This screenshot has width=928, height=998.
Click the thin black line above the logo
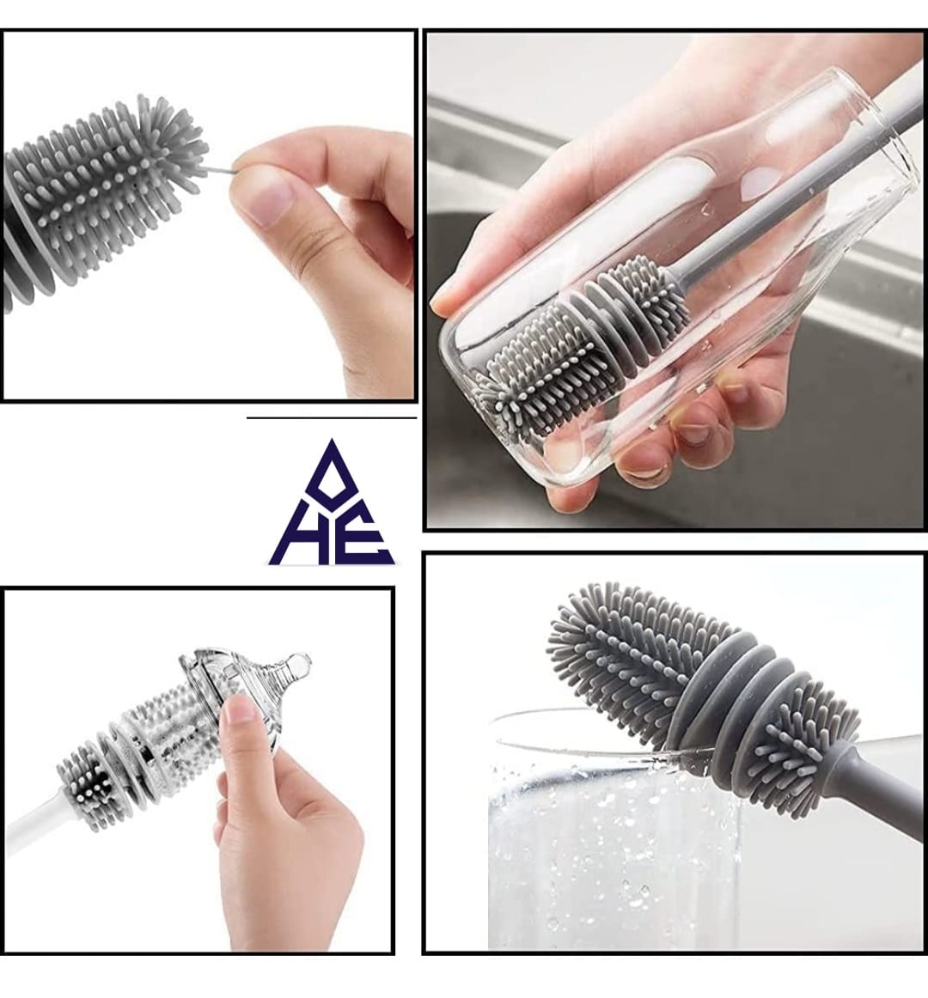click(332, 418)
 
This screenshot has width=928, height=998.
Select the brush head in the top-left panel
click(103, 198)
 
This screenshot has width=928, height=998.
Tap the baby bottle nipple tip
click(298, 664)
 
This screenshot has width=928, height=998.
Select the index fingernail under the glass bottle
click(644, 468)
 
